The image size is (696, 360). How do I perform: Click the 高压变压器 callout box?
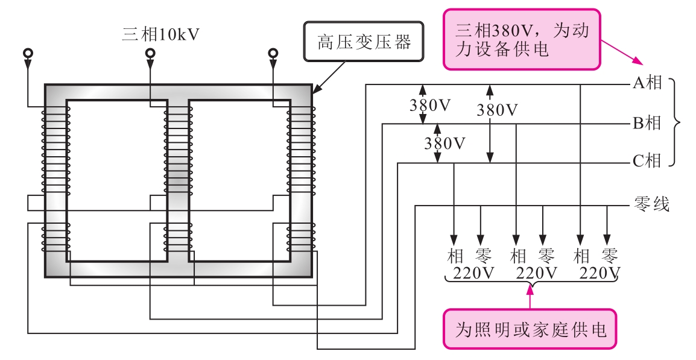click(364, 42)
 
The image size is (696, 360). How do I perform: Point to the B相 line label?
click(647, 124)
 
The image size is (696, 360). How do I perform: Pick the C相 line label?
click(647, 162)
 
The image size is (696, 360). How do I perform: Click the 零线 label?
click(652, 204)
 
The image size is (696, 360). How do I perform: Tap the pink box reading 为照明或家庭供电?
click(530, 329)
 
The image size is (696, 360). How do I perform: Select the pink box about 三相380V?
click(522, 39)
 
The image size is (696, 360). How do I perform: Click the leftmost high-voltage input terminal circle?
click(28, 54)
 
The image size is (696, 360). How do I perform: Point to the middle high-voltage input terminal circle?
click(151, 54)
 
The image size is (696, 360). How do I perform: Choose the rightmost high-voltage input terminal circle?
click(273, 54)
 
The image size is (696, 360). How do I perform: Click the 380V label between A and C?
click(497, 110)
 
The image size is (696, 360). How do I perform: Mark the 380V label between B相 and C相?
click(445, 144)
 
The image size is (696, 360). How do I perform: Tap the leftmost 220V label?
click(473, 274)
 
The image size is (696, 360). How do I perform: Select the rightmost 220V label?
click(600, 274)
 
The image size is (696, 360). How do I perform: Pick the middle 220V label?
click(537, 274)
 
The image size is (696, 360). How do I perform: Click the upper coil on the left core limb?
click(55, 151)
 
